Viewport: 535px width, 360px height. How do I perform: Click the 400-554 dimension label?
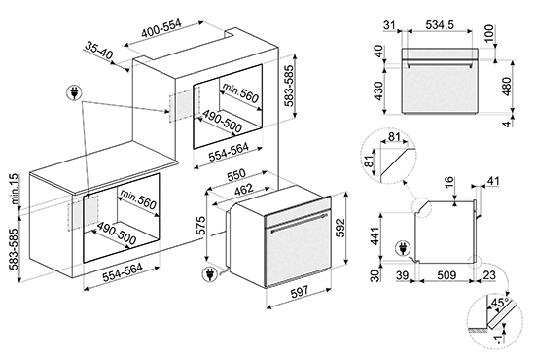point(161,28)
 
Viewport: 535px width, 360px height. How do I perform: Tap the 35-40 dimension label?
point(98,51)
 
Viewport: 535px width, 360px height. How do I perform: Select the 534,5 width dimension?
point(440,24)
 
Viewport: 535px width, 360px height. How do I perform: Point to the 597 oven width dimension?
point(300,292)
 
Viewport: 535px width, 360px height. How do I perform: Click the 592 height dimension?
point(340,228)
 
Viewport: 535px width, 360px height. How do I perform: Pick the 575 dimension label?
point(200,225)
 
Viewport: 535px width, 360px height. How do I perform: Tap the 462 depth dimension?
point(244,189)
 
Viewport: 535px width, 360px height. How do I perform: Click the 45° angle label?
point(498,303)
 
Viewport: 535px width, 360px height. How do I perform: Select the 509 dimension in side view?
point(446,274)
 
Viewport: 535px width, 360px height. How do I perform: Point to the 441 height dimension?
point(374,235)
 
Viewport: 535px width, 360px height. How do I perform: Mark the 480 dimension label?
point(507,87)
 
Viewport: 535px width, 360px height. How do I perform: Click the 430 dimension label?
point(379,90)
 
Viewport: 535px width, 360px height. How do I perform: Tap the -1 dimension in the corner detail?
point(498,339)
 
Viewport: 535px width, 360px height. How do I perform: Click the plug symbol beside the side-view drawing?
point(403,248)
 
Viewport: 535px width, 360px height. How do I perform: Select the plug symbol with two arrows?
point(74,92)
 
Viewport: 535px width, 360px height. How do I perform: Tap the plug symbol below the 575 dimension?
point(209,274)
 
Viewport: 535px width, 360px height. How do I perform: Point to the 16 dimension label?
point(450,182)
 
